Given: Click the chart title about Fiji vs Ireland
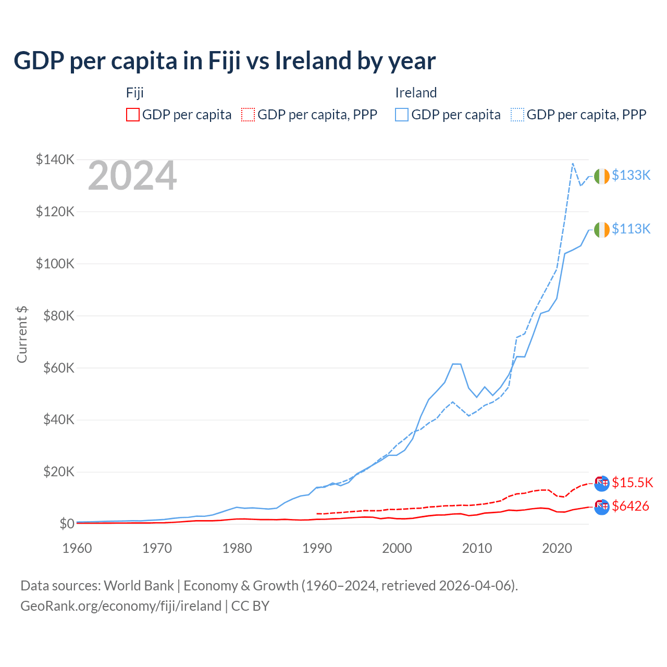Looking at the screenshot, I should [225, 61].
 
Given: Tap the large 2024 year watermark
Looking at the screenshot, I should [132, 176].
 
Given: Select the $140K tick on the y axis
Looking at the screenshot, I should [55, 159].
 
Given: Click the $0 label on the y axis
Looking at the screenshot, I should [67, 524].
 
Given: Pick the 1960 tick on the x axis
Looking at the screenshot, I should [77, 548].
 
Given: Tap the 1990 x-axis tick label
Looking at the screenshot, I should [317, 548].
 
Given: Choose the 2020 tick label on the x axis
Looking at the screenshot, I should [557, 548].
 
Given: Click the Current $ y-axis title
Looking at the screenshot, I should [22, 335].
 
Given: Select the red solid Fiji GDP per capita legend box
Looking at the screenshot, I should [133, 115].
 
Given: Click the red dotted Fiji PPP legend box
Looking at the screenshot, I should [248, 115].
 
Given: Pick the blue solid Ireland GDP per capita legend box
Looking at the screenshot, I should [402, 115].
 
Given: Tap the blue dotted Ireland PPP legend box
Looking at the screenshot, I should [517, 115].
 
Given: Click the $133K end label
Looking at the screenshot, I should [631, 175].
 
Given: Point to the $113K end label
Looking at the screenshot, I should [631, 229].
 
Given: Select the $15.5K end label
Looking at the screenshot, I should [632, 483].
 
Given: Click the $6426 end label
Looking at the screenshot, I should [631, 506].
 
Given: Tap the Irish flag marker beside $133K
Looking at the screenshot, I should [602, 176].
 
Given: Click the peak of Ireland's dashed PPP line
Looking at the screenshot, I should [573, 164].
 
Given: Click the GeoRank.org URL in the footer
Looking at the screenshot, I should [121, 606].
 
